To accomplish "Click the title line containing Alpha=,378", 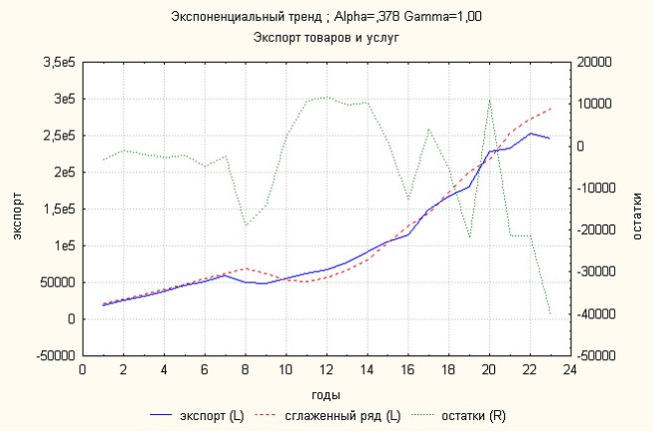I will (x=327, y=18).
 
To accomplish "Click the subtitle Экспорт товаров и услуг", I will (x=327, y=37).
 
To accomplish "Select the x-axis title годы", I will (x=327, y=394).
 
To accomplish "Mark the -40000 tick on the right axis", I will (x=599, y=314).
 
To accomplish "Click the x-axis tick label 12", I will (x=326, y=370).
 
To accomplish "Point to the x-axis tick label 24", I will (x=570, y=370).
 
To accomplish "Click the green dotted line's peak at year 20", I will (x=489, y=100).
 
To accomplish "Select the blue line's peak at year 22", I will (x=530, y=133).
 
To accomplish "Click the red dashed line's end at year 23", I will (x=550, y=108).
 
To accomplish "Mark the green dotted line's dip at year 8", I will (x=245, y=225).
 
